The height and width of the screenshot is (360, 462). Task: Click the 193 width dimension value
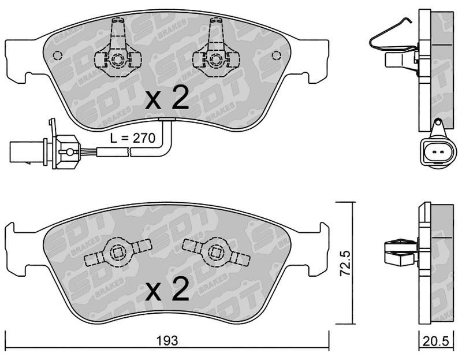click(167, 341)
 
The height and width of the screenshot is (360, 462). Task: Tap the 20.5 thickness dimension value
click(436, 341)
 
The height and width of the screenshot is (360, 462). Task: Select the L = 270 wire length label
click(133, 138)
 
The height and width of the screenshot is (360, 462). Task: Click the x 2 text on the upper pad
click(167, 99)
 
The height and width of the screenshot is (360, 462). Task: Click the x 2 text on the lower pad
click(167, 290)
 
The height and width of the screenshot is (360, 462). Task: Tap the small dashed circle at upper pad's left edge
click(57, 55)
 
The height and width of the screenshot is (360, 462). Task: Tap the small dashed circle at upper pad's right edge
click(277, 55)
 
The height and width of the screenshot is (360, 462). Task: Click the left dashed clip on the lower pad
click(118, 251)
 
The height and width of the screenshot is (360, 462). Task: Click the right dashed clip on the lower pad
click(216, 251)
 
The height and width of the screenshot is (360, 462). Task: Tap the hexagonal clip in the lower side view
click(401, 253)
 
